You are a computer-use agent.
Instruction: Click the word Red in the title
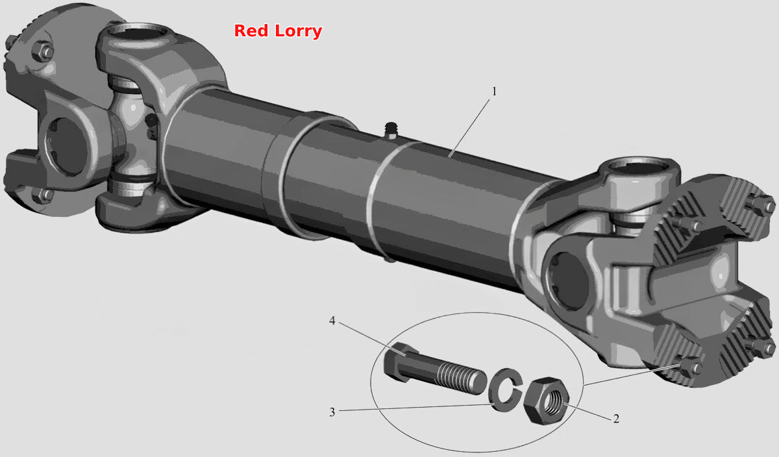coord(251,31)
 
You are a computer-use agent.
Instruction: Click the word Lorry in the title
coord(299,32)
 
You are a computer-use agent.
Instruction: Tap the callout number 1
coord(494,92)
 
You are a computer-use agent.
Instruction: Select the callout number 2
coord(616,419)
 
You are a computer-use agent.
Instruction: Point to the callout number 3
coord(332,412)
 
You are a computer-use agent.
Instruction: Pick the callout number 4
coord(332,321)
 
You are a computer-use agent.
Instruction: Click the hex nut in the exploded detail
coord(547,401)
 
